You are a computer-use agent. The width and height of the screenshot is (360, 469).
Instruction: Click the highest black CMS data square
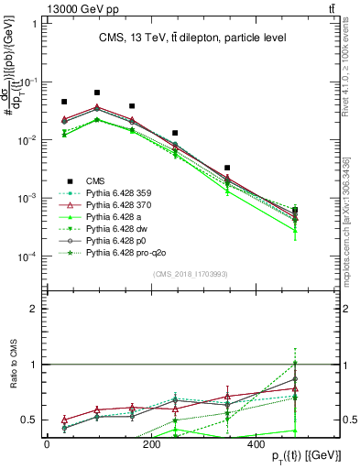97,93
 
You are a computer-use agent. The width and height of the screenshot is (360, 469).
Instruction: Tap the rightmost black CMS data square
321,210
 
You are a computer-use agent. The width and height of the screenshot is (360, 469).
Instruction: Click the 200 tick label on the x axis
151,444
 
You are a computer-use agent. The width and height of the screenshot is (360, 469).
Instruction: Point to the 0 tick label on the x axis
47,444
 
